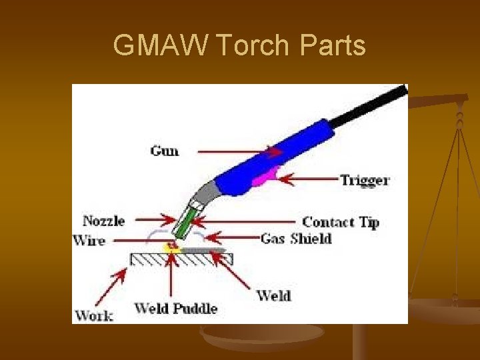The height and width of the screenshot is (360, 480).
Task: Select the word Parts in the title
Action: point(333,46)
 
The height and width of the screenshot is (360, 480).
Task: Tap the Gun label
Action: point(165,151)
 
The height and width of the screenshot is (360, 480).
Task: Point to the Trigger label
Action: point(365,180)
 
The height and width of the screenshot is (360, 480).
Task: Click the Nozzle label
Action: point(103,220)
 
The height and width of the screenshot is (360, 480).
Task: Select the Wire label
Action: point(89,240)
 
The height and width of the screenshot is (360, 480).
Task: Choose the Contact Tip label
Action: point(341,222)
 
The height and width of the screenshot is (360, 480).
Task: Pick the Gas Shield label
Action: point(296,238)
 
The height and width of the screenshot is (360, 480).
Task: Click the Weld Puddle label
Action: point(176,308)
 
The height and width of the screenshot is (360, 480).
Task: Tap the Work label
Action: point(94,315)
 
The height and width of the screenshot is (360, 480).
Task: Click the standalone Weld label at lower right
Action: point(273,295)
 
